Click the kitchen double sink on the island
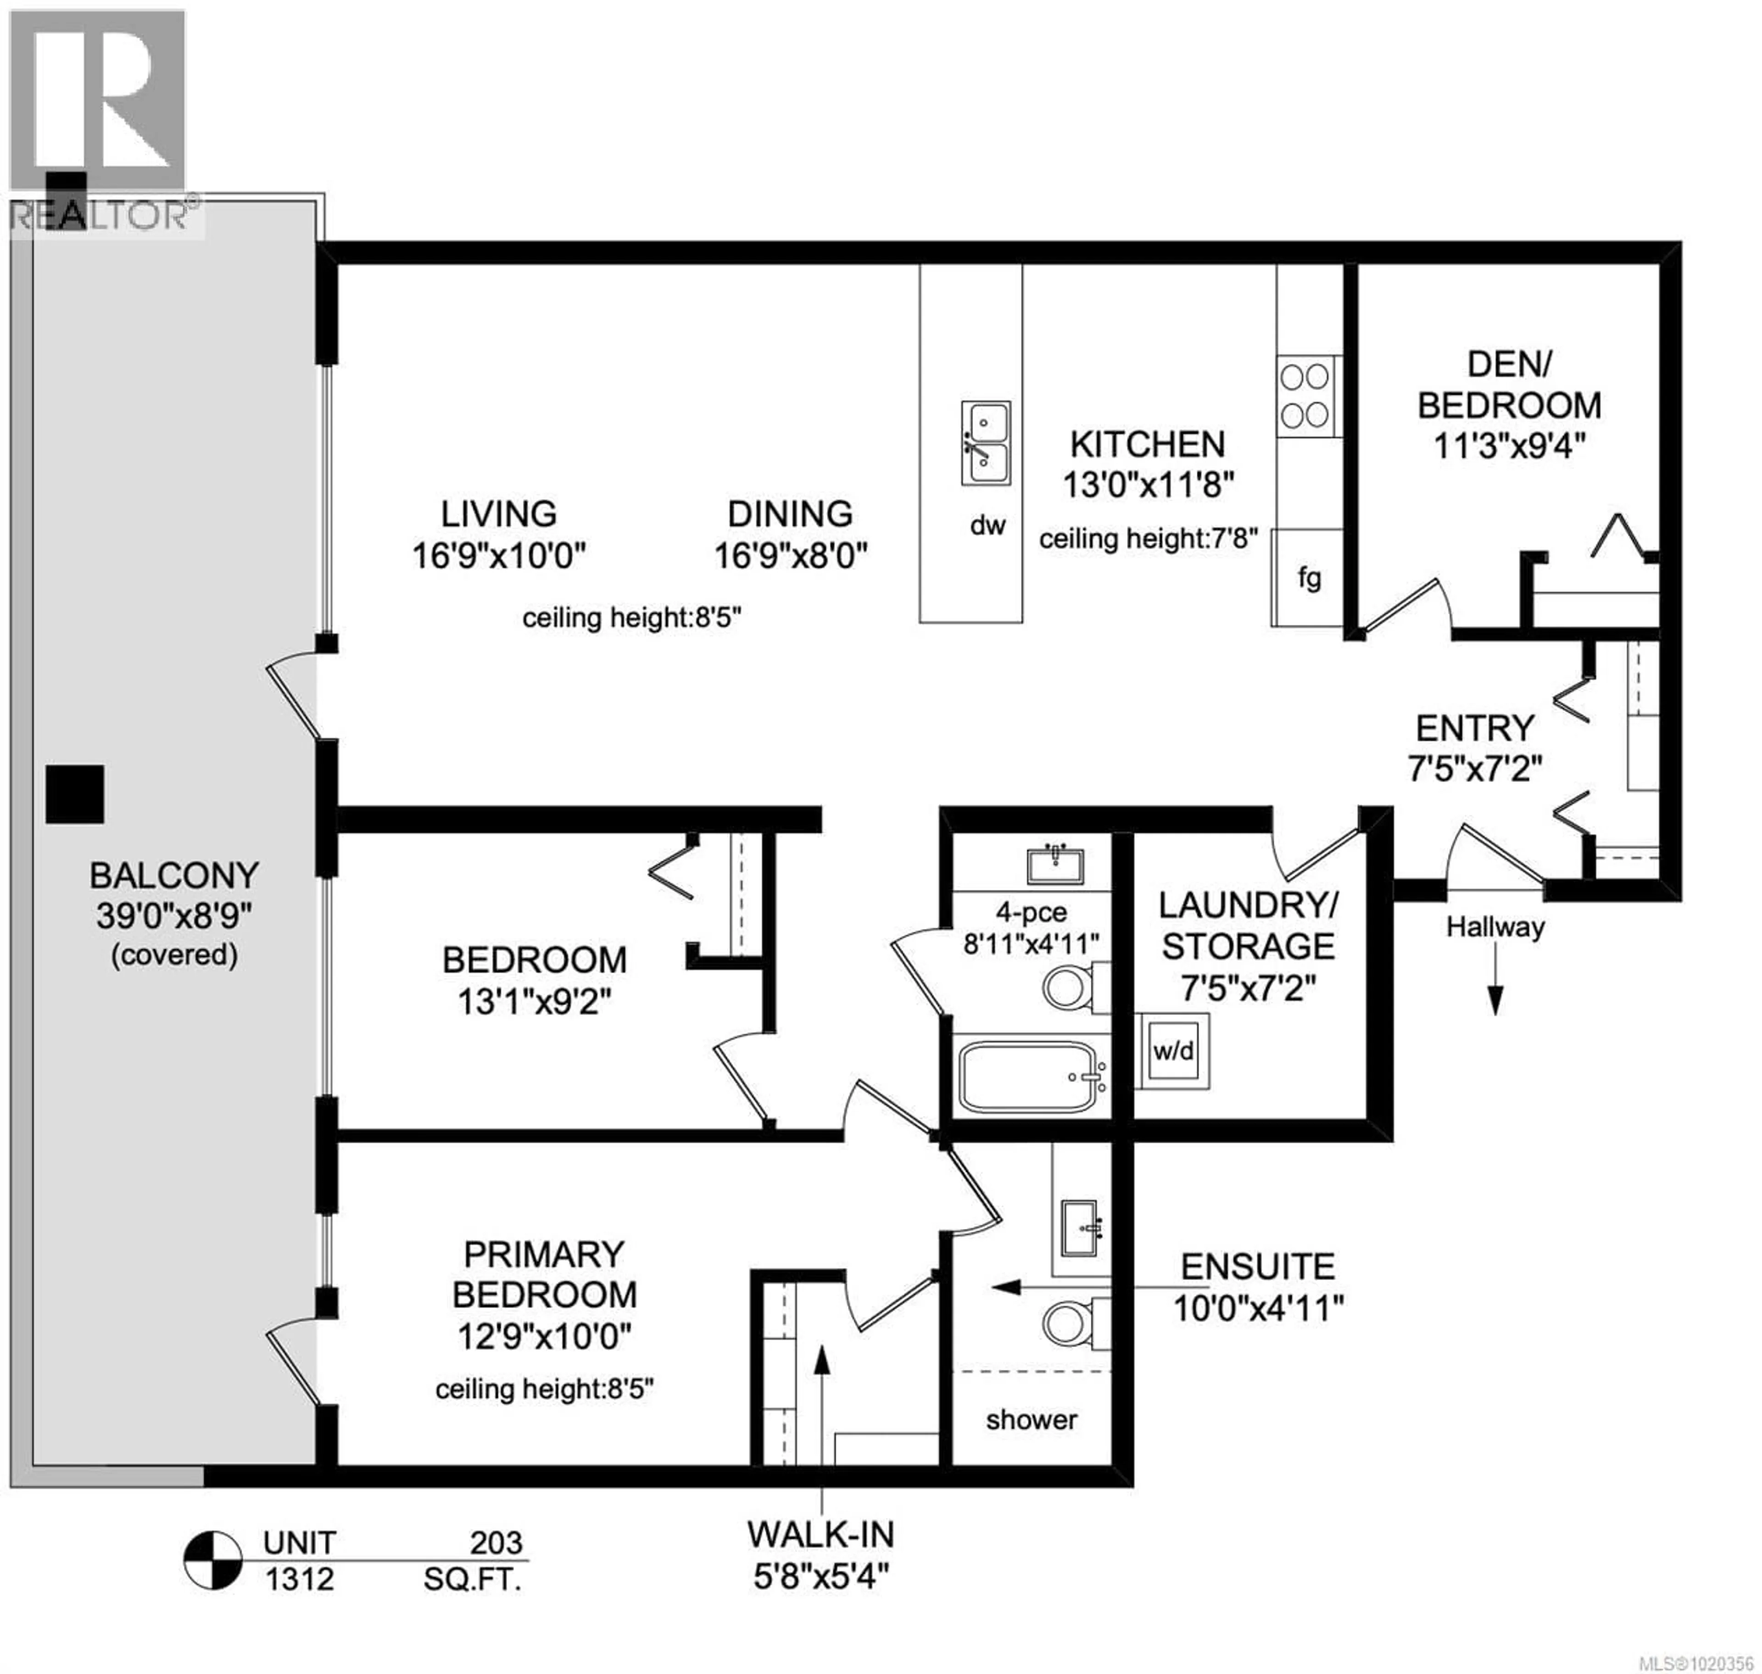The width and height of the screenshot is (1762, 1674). point(985,443)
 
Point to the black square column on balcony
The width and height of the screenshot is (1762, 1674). point(75,793)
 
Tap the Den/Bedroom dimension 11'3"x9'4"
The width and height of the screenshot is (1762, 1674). point(1509,445)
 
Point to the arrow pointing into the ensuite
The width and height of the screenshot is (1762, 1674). point(1006,1287)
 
